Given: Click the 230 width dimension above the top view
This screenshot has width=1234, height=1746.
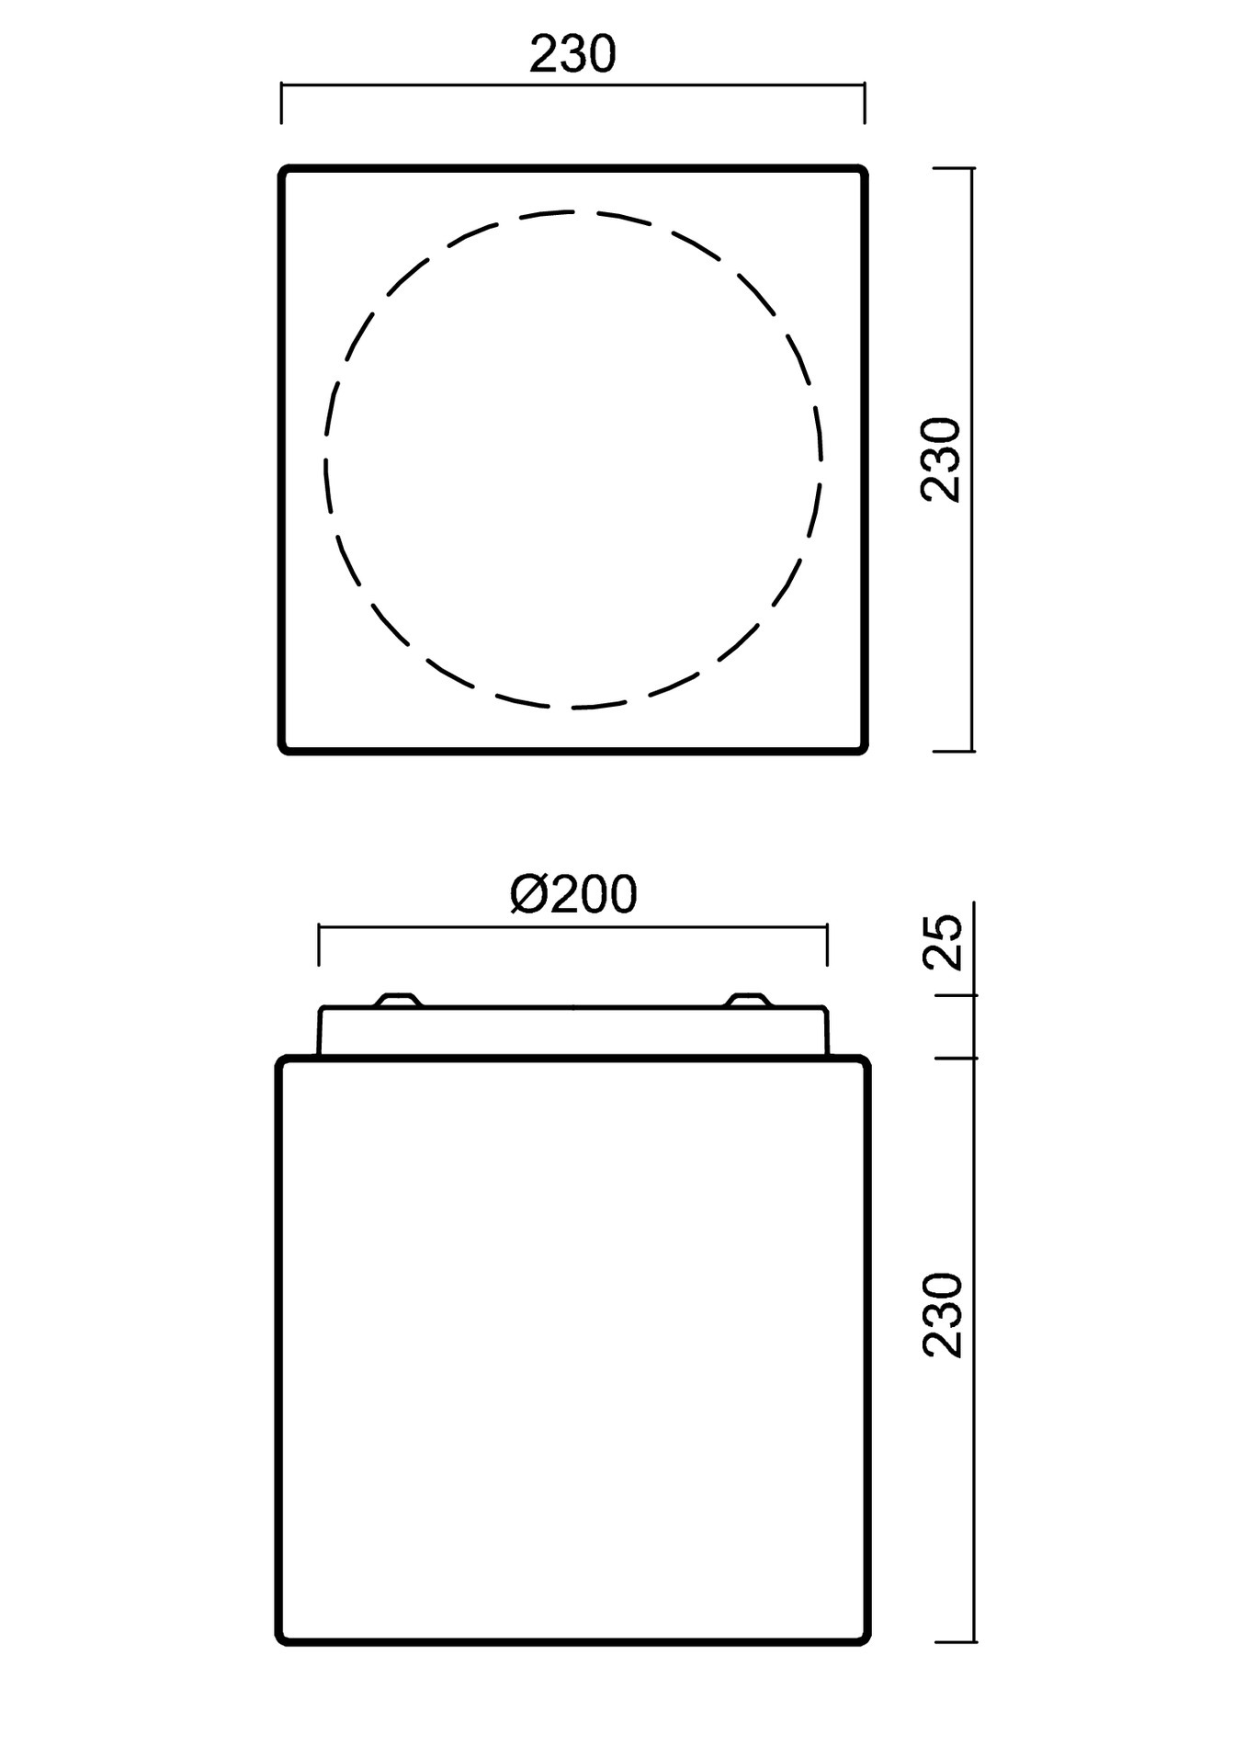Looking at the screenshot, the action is [x=572, y=55].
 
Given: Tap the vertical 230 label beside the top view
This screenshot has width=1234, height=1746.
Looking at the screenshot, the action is [x=941, y=459].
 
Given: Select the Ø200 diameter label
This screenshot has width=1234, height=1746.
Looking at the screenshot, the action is [x=573, y=894].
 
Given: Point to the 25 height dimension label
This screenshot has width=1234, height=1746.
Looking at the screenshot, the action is [x=942, y=942].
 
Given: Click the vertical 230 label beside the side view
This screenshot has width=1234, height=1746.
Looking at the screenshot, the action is [x=942, y=1314].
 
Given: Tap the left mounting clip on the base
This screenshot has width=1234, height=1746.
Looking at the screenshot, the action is [x=397, y=1000].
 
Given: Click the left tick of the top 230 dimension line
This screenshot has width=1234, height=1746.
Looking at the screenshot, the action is [x=282, y=103].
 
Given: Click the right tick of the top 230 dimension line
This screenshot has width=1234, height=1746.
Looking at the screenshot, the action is [x=864, y=103].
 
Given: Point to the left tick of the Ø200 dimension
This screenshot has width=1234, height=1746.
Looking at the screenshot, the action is [x=319, y=946].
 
